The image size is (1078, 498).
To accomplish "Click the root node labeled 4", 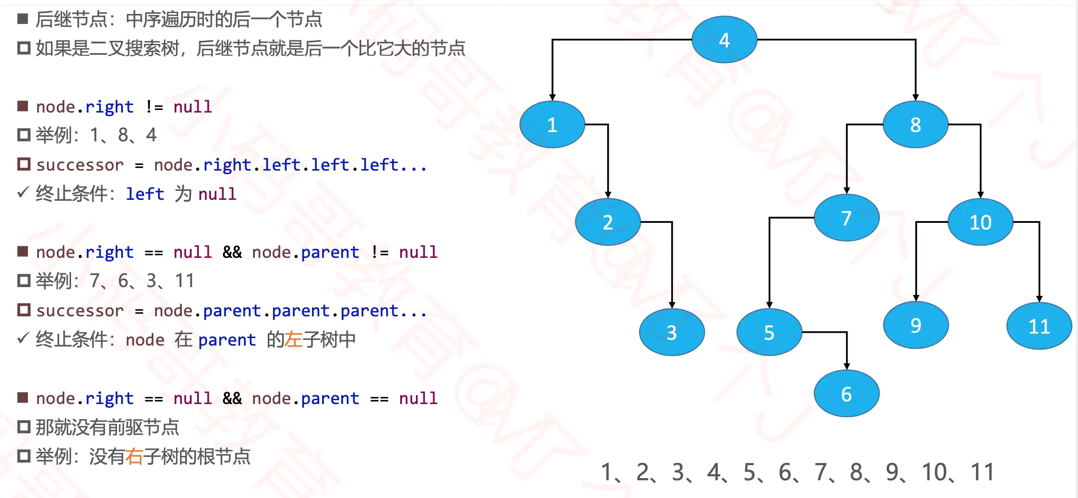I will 724,40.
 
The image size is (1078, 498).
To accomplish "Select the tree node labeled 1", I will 552,124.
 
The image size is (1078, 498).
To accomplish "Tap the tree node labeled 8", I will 915,124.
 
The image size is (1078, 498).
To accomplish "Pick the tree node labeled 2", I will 608,222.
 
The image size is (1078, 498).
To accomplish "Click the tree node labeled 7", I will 846,218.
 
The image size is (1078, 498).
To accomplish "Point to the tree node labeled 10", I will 980,222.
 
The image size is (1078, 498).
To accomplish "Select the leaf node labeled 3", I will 672,332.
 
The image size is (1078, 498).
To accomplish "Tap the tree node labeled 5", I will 769,332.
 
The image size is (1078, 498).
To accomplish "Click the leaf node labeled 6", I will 846,394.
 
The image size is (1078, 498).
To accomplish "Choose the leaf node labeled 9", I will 916,326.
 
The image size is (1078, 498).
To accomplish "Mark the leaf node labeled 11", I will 1039,327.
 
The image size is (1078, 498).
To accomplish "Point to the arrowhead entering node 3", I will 672,305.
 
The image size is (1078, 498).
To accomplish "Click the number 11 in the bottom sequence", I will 982,472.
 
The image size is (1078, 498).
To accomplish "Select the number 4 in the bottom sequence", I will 714,472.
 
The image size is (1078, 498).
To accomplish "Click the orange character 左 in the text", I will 293,340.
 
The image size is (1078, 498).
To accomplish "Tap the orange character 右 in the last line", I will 134,457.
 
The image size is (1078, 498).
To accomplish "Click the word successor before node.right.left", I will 80,165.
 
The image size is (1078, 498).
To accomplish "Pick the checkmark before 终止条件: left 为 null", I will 23,193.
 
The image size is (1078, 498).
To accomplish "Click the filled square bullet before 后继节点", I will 23,19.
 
